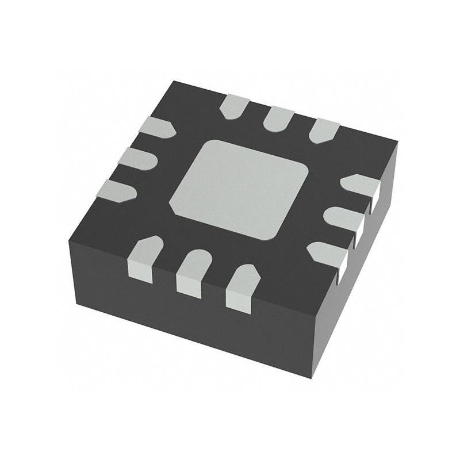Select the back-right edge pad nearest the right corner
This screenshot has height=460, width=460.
click(324, 130)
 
